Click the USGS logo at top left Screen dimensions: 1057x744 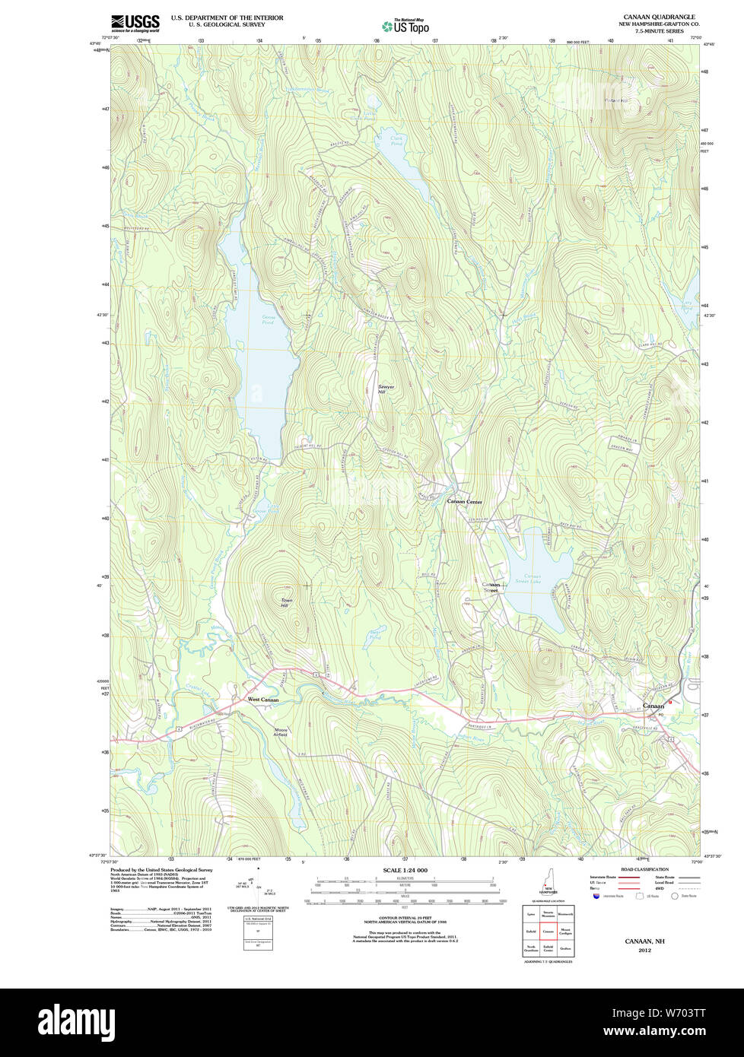click(135, 22)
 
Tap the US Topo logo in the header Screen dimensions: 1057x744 click(405, 27)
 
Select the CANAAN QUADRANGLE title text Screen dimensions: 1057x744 click(659, 17)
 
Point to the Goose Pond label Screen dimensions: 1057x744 click(267, 321)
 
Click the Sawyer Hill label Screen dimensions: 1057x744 click(386, 389)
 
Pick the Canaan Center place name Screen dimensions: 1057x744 click(464, 502)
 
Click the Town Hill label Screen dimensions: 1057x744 click(285, 602)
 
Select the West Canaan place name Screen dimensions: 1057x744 click(263, 700)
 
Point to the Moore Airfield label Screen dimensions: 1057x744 click(281, 732)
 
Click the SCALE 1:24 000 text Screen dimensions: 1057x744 click(405, 870)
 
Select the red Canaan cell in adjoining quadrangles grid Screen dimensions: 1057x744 click(548, 930)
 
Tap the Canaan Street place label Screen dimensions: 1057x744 click(491, 587)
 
